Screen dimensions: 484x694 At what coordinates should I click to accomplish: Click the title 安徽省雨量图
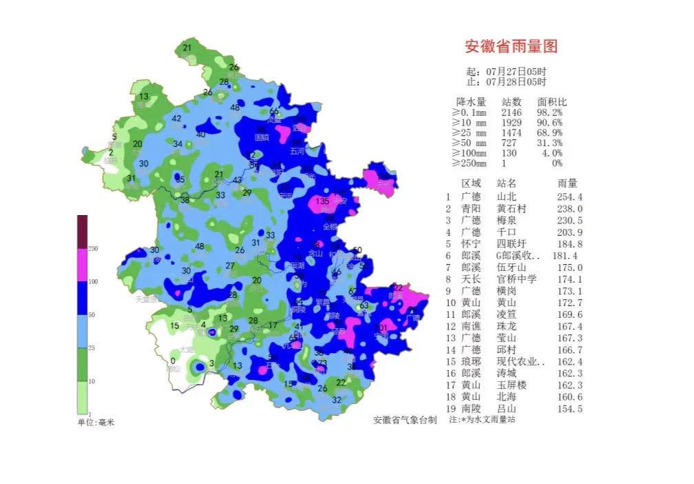pyautogui.click(x=511, y=47)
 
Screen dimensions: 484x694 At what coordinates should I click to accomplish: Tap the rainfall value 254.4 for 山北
pyautogui.click(x=569, y=196)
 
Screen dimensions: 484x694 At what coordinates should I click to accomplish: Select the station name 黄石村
pyautogui.click(x=511, y=208)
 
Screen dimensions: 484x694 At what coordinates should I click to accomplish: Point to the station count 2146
pyautogui.click(x=512, y=112)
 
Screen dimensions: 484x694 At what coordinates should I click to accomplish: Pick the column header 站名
pyautogui.click(x=506, y=183)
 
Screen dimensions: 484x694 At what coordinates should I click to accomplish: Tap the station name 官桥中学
pyautogui.click(x=516, y=279)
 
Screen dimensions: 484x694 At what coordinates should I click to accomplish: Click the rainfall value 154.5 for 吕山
pyautogui.click(x=569, y=409)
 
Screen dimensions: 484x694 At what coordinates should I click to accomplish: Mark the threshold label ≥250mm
pyautogui.click(x=469, y=163)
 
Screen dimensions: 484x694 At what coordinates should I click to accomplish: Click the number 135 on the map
pyautogui.click(x=322, y=201)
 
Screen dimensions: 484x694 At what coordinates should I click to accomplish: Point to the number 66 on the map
pyautogui.click(x=274, y=112)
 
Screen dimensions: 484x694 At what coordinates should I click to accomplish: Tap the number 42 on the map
pyautogui.click(x=177, y=119)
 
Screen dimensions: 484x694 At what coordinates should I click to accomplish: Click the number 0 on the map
pyautogui.click(x=173, y=361)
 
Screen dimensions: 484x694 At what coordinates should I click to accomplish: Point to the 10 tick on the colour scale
pyautogui.click(x=92, y=381)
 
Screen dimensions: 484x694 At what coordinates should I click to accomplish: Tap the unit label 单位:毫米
pyautogui.click(x=95, y=421)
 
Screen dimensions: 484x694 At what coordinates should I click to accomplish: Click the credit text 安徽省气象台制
pyautogui.click(x=405, y=420)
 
